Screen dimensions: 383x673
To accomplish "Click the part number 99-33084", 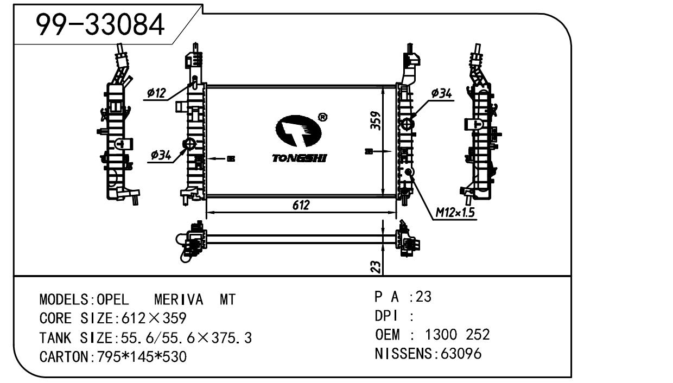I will (x=100, y=24).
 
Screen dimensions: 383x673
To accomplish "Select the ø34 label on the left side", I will (x=161, y=156).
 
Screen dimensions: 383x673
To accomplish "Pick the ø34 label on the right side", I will (x=441, y=94).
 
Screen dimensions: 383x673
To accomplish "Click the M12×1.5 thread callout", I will (x=455, y=213).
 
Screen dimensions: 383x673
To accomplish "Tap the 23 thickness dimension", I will (x=375, y=266).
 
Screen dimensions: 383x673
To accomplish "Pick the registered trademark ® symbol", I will (x=322, y=117).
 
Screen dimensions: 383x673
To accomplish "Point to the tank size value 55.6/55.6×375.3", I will (x=183, y=338).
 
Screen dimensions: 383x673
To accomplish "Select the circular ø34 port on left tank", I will (x=189, y=144).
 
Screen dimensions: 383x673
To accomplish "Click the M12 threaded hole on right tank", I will (x=409, y=172).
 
